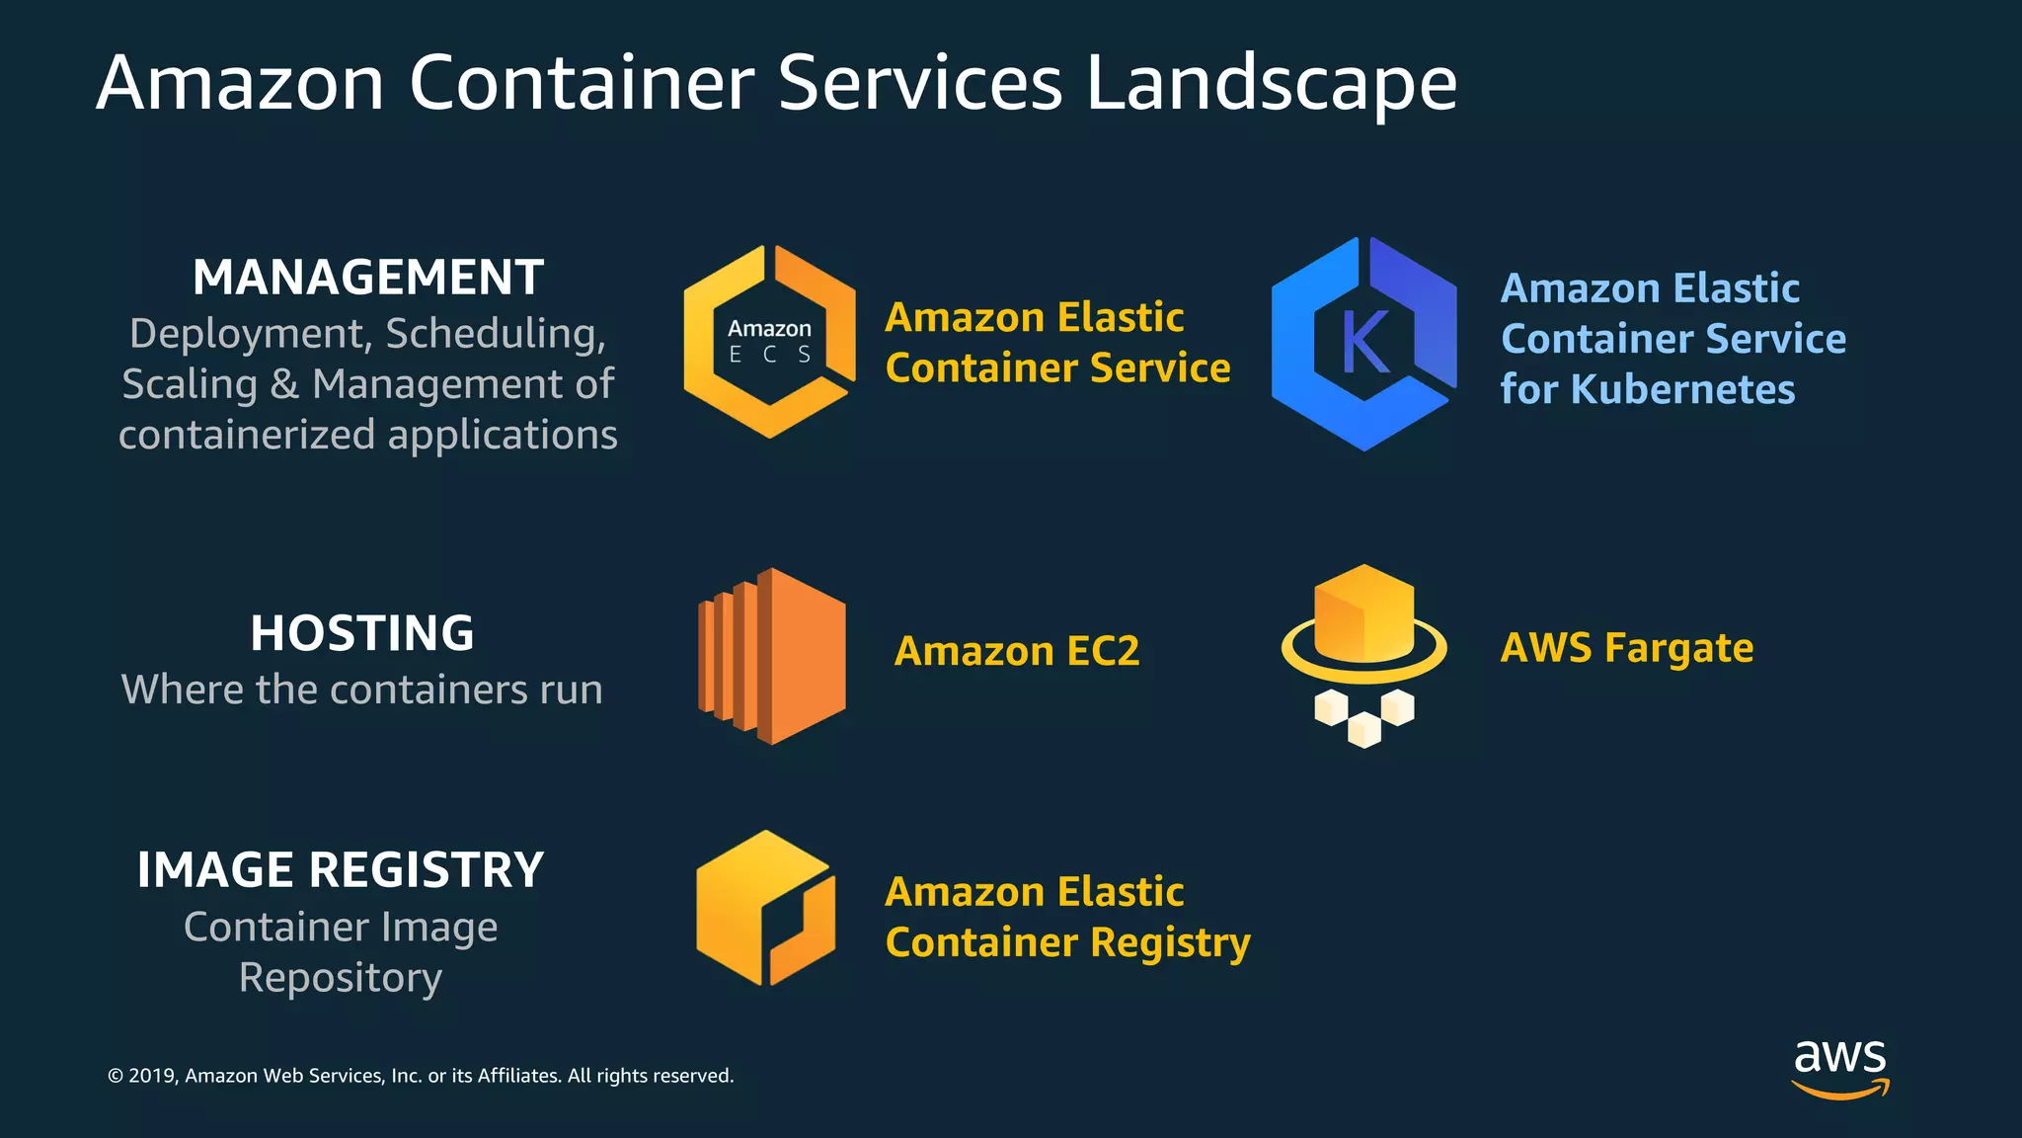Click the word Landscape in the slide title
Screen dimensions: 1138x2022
tap(1271, 83)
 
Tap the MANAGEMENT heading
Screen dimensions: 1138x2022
tap(368, 278)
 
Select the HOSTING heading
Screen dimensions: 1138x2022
tap(362, 633)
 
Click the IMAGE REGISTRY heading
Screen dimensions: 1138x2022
tap(341, 870)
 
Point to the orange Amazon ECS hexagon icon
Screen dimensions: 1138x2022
tap(769, 341)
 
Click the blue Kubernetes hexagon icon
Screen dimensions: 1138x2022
tap(1363, 344)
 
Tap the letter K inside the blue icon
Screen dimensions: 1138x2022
tap(1365, 342)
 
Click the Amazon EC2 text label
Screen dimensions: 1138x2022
tap(1017, 652)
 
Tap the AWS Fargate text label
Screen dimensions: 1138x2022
tap(1627, 649)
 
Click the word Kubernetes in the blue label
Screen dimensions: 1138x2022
tap(1682, 389)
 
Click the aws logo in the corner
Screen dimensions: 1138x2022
tap(1840, 1067)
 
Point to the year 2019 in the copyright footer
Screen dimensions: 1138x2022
tap(151, 1076)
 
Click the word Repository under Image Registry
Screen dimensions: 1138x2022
tap(341, 978)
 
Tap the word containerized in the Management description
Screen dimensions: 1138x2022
tap(247, 435)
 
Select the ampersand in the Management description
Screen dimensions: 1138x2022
tap(284, 384)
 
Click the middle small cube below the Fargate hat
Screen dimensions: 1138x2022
tap(1364, 729)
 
